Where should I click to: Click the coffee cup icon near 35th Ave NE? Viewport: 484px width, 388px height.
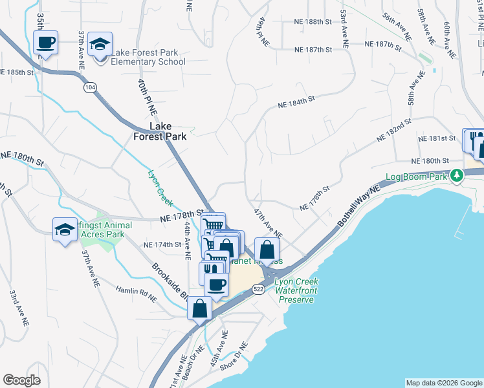coord(45,43)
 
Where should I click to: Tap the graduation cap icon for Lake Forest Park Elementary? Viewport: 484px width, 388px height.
coord(100,45)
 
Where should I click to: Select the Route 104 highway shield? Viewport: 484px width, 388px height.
coord(89,86)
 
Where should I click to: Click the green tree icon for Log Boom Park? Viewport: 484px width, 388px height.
coord(457,175)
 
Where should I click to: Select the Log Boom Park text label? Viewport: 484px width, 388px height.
coord(417,177)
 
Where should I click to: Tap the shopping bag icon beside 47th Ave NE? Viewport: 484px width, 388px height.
coord(267,249)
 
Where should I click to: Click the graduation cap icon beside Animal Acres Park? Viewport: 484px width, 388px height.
coord(65,230)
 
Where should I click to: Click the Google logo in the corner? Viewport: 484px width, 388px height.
coord(21,380)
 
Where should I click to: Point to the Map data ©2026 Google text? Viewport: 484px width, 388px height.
coord(443,383)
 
